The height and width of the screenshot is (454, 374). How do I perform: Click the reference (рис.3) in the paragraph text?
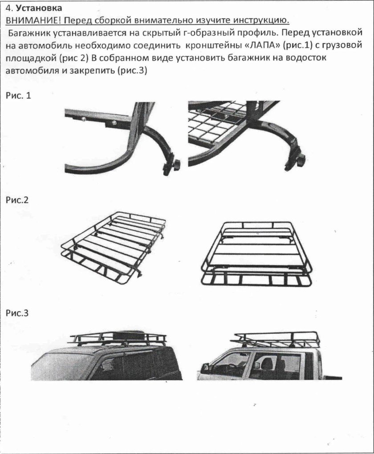pyautogui.click(x=133, y=70)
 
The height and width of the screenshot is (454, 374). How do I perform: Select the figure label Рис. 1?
pyautogui.click(x=18, y=95)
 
